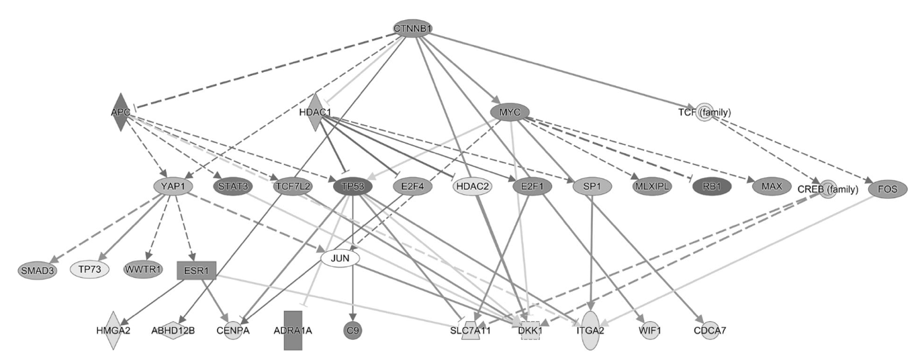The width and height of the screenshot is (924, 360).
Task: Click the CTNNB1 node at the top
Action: click(x=412, y=28)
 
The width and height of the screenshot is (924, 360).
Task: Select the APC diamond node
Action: click(x=121, y=111)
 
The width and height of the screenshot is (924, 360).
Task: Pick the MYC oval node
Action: click(x=510, y=111)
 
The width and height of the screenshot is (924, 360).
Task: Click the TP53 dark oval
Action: click(x=353, y=187)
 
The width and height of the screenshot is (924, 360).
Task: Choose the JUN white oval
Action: click(x=340, y=258)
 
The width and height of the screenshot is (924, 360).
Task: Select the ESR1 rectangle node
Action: click(x=196, y=271)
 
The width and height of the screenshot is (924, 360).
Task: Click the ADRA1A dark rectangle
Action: click(x=293, y=330)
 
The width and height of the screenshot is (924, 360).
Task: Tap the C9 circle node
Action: click(x=352, y=330)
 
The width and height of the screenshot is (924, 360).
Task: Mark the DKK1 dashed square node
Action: click(x=530, y=330)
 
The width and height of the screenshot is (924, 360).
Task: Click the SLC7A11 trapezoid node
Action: click(x=470, y=330)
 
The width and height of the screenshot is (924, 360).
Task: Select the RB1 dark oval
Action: click(x=711, y=187)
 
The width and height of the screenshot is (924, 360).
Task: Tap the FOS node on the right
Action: click(x=887, y=188)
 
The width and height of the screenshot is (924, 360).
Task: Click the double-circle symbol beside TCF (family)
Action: click(x=704, y=111)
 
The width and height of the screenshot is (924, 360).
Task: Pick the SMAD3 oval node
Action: click(x=37, y=271)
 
